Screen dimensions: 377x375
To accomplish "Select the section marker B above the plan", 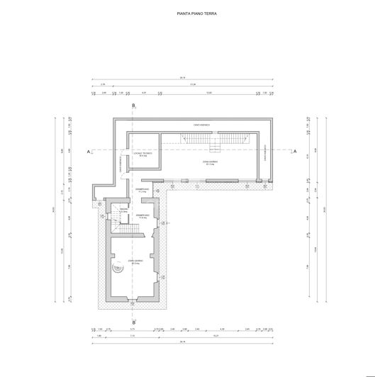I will pyautogui.click(x=134, y=105).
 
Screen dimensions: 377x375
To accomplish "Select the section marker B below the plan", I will pyautogui.click(x=134, y=319).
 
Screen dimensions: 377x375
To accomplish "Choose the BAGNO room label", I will pyautogui.click(x=123, y=210).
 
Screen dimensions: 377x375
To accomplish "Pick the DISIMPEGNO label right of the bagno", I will pyautogui.click(x=142, y=216).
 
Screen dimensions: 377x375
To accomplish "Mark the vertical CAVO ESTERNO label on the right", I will pyautogui.click(x=264, y=152).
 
